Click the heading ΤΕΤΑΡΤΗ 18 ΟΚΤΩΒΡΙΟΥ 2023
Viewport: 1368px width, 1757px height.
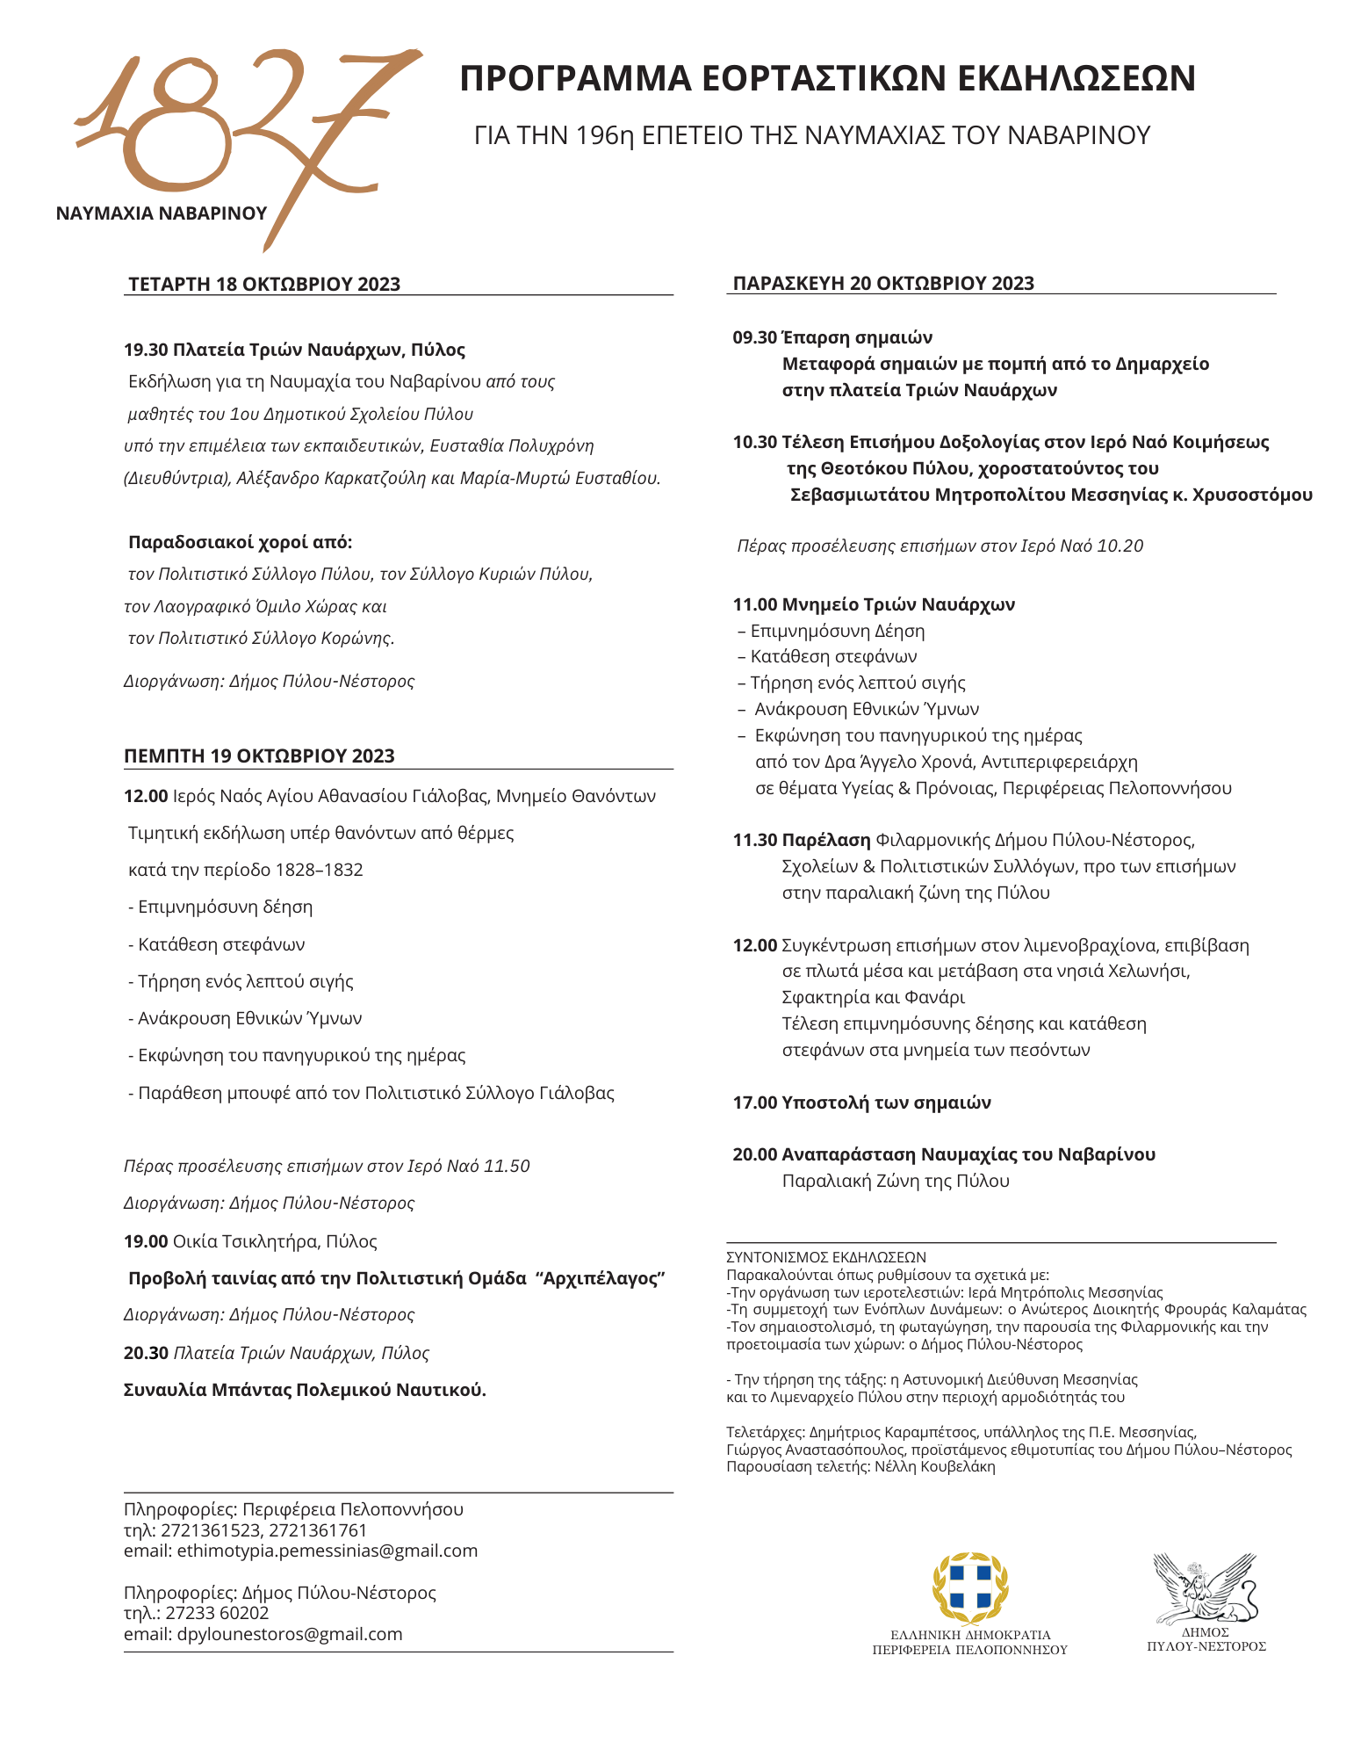pyautogui.click(x=264, y=284)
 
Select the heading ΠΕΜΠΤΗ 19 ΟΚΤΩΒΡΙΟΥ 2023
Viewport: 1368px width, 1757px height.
pyautogui.click(x=259, y=756)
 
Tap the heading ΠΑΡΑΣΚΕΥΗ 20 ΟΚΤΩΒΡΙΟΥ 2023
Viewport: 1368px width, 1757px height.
pyautogui.click(x=883, y=283)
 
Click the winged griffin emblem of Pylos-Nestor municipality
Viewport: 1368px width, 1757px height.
pyautogui.click(x=1206, y=1589)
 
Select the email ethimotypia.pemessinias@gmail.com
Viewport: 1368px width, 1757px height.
pyautogui.click(x=328, y=1551)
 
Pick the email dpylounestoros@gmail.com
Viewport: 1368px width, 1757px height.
pyautogui.click(x=290, y=1634)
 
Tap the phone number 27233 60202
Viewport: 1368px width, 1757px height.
pyautogui.click(x=217, y=1613)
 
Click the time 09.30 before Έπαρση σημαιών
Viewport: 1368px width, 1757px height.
pyautogui.click(x=755, y=337)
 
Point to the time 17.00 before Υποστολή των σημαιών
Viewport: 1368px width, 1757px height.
pyautogui.click(x=755, y=1103)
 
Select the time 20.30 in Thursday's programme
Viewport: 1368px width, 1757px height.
pyautogui.click(x=146, y=1353)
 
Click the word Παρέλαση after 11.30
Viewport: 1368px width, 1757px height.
pyautogui.click(x=826, y=840)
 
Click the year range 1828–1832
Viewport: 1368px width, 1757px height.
pyautogui.click(x=319, y=870)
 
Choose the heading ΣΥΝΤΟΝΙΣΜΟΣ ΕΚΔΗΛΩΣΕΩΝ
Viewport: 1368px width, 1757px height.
pyautogui.click(x=826, y=1258)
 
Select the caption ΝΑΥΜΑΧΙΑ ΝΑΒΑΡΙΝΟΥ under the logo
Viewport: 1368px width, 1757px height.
pyautogui.click(x=162, y=213)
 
